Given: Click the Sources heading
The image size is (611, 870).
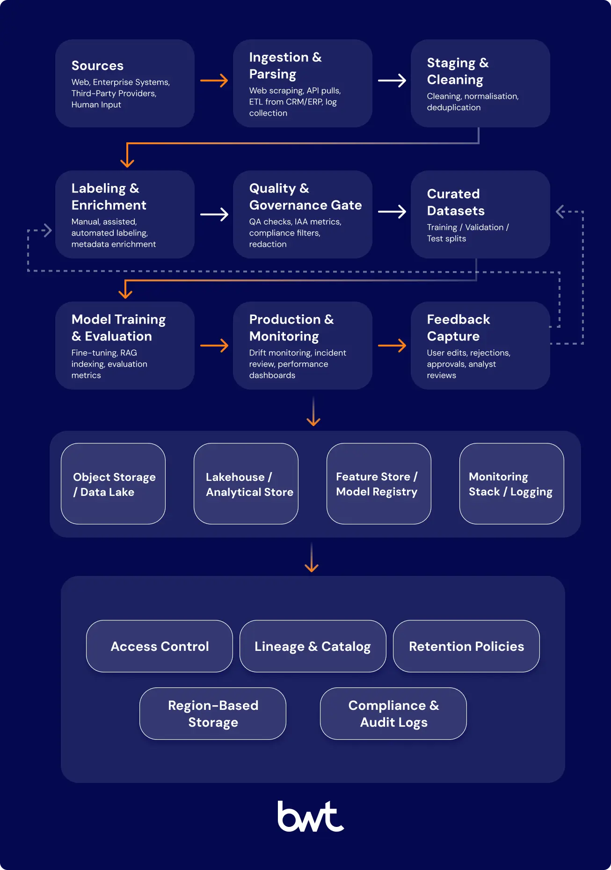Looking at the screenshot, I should click(x=97, y=66).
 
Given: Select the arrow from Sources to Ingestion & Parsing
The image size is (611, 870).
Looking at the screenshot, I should click(x=214, y=81).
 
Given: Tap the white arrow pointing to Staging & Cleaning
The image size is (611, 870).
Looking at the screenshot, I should click(x=392, y=81).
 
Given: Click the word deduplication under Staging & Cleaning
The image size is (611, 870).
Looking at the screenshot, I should click(x=453, y=108).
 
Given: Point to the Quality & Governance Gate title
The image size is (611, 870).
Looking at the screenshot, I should click(x=305, y=197).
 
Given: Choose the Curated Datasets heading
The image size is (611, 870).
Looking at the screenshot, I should click(x=456, y=202).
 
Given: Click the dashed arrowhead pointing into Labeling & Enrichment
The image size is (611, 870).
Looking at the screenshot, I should click(x=47, y=230).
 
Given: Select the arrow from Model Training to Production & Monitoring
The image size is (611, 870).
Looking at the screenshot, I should click(x=214, y=346).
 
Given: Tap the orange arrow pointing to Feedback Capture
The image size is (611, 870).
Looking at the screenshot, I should click(x=392, y=346).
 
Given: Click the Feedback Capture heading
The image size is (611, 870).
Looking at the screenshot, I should click(x=458, y=328).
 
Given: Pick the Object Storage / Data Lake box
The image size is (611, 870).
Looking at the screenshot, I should click(x=113, y=484).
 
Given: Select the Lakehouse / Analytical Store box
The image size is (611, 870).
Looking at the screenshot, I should click(x=246, y=484).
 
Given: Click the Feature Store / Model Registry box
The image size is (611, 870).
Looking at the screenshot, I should click(x=378, y=484).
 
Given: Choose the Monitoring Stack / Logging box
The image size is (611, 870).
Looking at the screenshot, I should click(x=511, y=484).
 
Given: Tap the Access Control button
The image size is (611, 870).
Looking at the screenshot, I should click(x=160, y=646).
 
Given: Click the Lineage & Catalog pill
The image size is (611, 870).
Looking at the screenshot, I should click(x=313, y=646).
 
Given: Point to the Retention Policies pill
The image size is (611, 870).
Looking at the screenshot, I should click(x=466, y=646).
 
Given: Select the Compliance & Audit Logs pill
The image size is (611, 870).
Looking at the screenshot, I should click(x=393, y=714).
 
